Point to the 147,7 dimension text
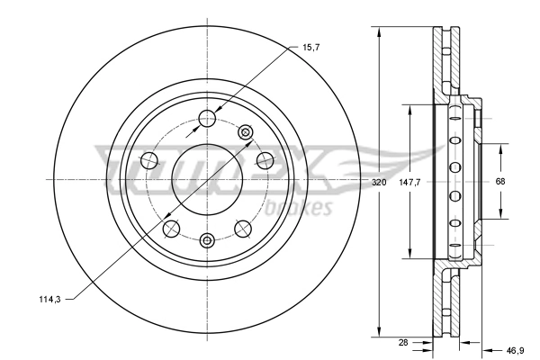(410, 182)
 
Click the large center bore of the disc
(207, 171)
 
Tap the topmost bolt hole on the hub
(207, 116)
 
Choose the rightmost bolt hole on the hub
(265, 160)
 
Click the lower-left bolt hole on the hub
(171, 228)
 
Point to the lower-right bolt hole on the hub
(243, 228)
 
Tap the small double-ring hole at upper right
(244, 132)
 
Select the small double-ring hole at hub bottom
(207, 239)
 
